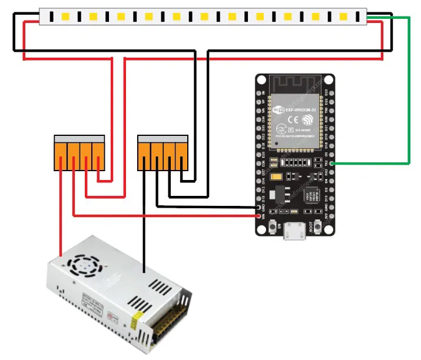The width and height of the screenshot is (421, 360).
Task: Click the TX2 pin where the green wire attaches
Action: coord(332,162)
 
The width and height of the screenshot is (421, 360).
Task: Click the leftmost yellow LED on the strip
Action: coord(65,16)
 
